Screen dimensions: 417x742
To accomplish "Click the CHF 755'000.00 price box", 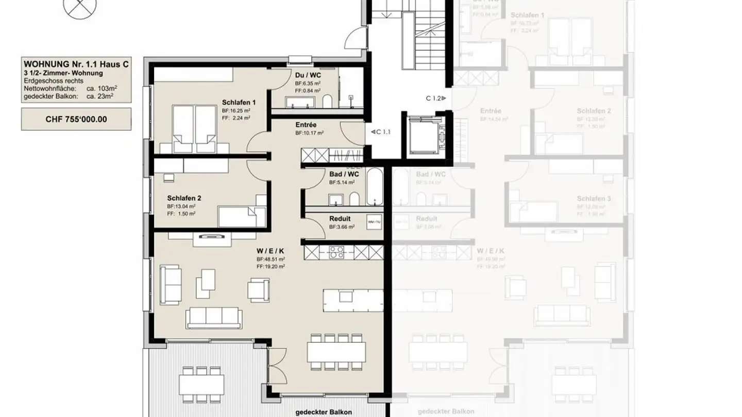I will (76, 119).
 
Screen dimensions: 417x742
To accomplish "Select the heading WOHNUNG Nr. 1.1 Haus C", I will (76, 64).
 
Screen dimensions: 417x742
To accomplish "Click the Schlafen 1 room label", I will (239, 102).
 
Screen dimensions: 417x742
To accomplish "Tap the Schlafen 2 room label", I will (184, 198).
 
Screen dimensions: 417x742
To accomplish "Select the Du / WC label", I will (308, 75).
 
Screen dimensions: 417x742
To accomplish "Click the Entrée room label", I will (306, 125).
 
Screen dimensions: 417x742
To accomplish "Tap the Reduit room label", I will (340, 219).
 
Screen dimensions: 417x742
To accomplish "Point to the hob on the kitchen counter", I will (336, 252).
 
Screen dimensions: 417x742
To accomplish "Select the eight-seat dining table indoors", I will (336, 352).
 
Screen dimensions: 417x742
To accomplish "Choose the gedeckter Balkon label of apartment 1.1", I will (324, 412).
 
